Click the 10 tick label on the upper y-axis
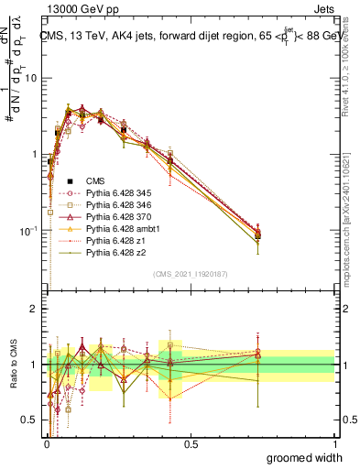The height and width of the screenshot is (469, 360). (x=30, y=78)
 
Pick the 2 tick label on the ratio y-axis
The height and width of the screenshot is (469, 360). (x=33, y=309)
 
